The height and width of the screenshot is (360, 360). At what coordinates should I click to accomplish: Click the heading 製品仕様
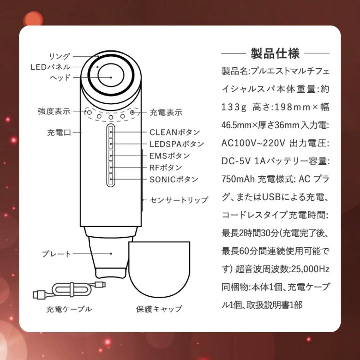[275, 53]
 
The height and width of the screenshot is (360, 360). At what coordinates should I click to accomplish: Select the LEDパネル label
[51, 67]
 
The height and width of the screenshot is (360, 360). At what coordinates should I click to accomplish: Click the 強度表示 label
[54, 111]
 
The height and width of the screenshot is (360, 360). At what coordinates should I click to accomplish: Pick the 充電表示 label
[166, 112]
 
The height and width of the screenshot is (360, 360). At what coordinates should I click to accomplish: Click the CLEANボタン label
[175, 132]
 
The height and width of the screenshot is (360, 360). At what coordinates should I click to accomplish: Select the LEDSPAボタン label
[177, 144]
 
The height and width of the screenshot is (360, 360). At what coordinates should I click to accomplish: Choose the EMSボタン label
[170, 156]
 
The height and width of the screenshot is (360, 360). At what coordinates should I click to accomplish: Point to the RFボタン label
[166, 167]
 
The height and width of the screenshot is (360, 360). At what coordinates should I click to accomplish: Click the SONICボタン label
[174, 179]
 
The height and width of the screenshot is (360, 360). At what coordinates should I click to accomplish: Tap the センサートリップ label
[179, 200]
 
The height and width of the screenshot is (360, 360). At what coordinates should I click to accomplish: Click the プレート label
[57, 254]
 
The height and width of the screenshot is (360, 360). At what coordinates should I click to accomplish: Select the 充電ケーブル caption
[69, 309]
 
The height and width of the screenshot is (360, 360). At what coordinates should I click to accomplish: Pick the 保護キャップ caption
[159, 309]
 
